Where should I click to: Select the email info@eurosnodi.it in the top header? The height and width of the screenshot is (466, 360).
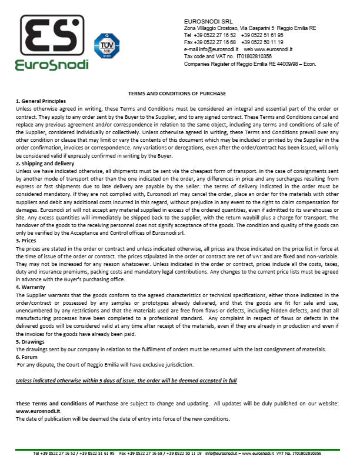coord(216,49)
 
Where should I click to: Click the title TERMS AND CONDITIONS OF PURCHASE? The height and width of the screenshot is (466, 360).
coord(177,94)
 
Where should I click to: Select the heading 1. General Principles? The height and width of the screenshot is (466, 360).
coord(41,101)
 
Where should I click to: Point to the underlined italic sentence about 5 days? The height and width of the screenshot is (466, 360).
coord(126,381)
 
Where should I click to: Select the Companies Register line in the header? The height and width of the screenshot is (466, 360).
coord(250,64)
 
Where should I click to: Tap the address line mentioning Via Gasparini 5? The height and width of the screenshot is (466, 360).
coord(250,28)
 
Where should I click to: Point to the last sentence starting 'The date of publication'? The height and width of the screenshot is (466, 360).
coord(122,418)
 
